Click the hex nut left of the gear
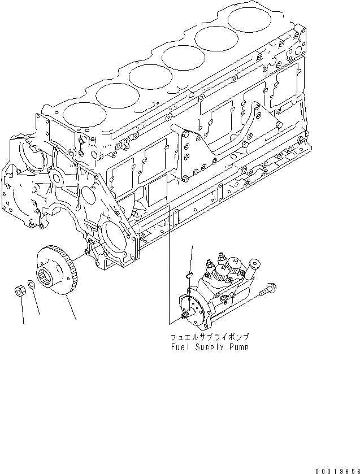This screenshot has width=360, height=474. [18, 292]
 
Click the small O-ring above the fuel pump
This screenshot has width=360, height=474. [191, 275]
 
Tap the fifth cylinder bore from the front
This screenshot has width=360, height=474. [212, 37]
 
